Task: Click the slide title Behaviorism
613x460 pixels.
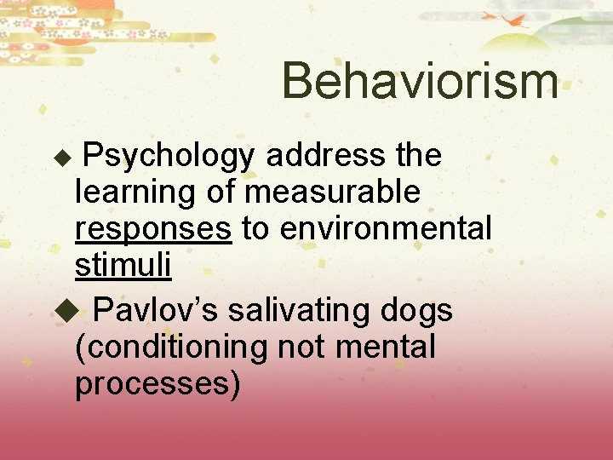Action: click(x=420, y=82)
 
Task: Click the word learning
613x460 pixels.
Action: click(x=136, y=193)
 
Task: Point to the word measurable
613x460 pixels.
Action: click(x=332, y=193)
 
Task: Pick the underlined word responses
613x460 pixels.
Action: click(x=153, y=229)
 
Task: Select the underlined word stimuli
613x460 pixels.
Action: click(x=123, y=266)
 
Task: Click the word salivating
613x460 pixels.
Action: click(x=287, y=311)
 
